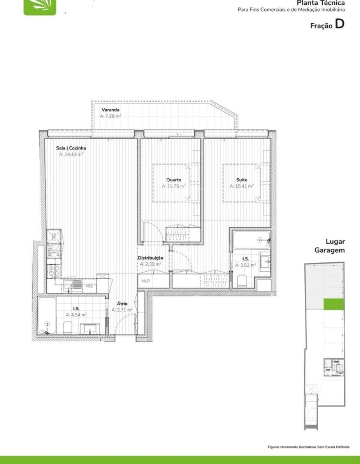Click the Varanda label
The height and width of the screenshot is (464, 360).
[x=110, y=110]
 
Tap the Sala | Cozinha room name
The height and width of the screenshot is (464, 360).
[x=71, y=148]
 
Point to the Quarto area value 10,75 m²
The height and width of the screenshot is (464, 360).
[x=174, y=186]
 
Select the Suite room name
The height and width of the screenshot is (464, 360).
[x=242, y=180]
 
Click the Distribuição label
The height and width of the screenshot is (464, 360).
[x=150, y=258]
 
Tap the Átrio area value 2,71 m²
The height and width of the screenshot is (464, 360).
[x=122, y=310]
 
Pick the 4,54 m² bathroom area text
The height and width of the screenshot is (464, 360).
[x=76, y=315]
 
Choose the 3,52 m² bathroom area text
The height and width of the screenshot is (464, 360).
[x=245, y=265]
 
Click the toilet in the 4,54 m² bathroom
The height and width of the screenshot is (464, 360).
[x=68, y=328]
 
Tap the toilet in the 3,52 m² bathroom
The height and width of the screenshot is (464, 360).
[x=242, y=281]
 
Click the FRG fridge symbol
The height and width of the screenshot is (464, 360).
[x=54, y=236]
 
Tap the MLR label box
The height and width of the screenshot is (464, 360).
[x=145, y=281]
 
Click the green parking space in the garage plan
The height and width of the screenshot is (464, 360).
[x=334, y=304]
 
